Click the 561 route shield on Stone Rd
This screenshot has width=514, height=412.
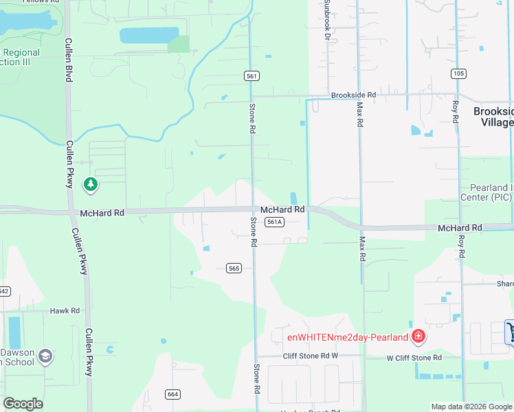tap(252, 76)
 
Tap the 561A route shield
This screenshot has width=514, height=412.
tap(275, 222)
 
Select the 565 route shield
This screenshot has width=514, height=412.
tap(234, 268)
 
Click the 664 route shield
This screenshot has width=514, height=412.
tap(172, 393)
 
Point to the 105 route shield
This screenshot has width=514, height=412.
tap(459, 73)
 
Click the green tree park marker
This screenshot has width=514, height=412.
tap(90, 184)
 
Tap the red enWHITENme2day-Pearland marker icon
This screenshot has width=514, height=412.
tap(418, 336)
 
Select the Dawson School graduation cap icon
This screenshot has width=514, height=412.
tap(45, 355)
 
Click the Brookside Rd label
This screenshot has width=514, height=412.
tap(353, 95)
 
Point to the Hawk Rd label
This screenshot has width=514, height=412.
tap(65, 311)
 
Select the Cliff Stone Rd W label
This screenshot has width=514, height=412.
tap(311, 356)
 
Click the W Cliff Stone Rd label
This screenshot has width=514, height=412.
tap(414, 358)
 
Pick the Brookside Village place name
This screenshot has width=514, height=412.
tap(493, 116)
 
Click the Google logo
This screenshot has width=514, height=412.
tap(23, 404)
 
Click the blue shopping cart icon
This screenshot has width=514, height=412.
tap(510, 331)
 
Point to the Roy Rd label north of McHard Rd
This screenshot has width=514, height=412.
tap(455, 112)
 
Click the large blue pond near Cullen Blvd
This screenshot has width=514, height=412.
tap(149, 36)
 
